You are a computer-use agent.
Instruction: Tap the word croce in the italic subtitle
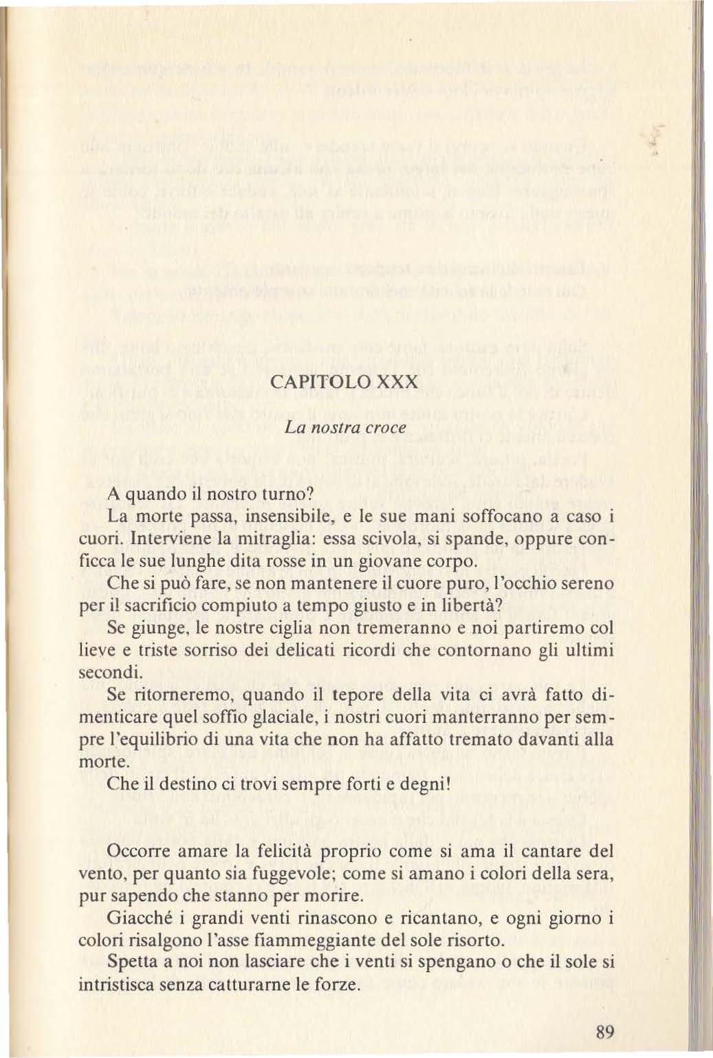tap(385, 428)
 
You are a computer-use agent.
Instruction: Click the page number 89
tap(604, 1032)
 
